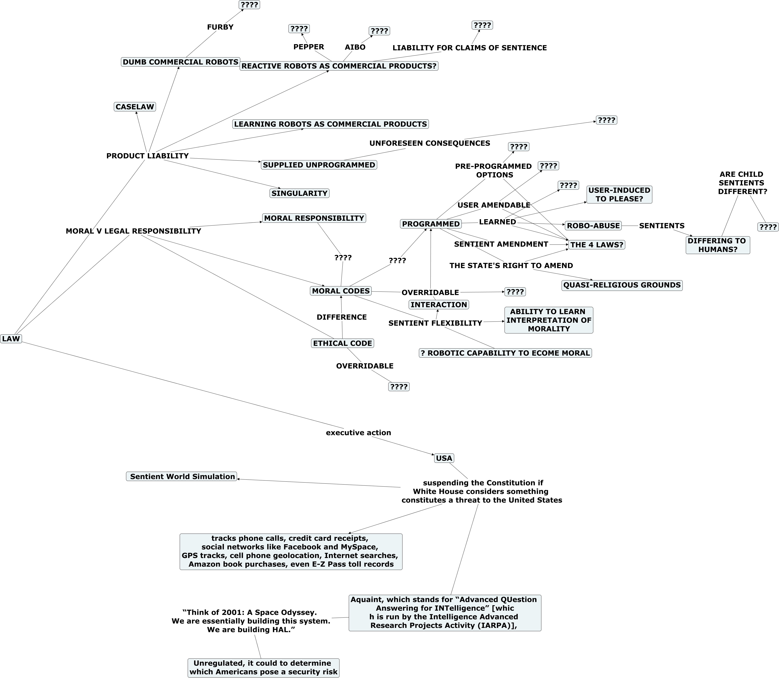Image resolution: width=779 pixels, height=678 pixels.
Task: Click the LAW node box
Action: click(x=11, y=339)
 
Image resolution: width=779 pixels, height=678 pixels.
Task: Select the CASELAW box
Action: click(x=135, y=107)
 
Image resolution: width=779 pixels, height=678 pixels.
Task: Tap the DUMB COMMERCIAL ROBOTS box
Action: click(x=180, y=62)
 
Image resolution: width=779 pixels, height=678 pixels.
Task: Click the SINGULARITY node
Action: click(x=299, y=193)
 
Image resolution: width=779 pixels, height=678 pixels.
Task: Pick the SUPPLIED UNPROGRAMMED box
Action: click(x=319, y=165)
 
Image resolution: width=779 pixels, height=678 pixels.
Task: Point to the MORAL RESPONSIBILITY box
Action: click(x=314, y=218)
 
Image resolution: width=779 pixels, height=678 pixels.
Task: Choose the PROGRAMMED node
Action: click(x=431, y=224)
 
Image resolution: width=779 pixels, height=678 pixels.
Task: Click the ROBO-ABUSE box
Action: click(x=593, y=225)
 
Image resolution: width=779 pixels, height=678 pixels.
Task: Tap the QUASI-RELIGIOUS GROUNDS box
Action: click(x=622, y=285)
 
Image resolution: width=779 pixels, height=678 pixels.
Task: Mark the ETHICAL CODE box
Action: click(x=342, y=343)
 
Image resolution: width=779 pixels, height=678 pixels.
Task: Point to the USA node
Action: click(x=444, y=458)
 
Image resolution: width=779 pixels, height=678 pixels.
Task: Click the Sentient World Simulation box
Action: click(x=181, y=476)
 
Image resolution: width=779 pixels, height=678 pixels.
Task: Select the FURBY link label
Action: click(x=220, y=27)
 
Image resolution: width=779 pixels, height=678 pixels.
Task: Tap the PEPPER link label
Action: click(x=308, y=47)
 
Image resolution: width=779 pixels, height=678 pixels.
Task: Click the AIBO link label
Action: click(x=355, y=47)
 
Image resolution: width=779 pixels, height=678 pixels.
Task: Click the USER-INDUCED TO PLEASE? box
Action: click(x=619, y=195)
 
